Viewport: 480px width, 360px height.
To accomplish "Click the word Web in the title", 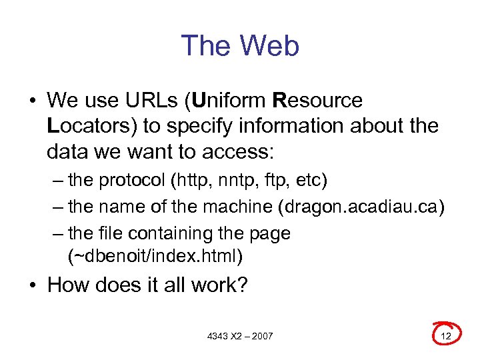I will point(270,46).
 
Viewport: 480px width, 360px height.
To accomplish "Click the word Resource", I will point(318,101).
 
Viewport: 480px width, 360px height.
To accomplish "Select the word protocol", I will point(134,181).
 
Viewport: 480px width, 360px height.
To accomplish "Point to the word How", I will point(69,285).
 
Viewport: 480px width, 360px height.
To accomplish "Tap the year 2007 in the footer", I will point(261,336).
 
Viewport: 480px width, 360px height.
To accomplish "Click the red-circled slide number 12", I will point(446,335).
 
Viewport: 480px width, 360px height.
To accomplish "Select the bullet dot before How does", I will point(33,286).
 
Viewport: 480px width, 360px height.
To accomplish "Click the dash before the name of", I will point(58,207).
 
